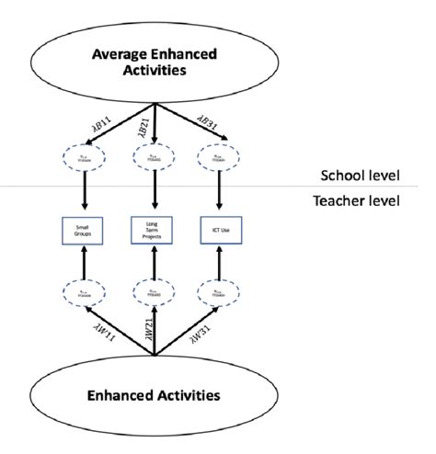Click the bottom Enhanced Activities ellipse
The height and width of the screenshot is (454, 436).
tap(155, 396)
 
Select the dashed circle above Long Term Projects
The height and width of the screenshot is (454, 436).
tap(154, 157)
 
